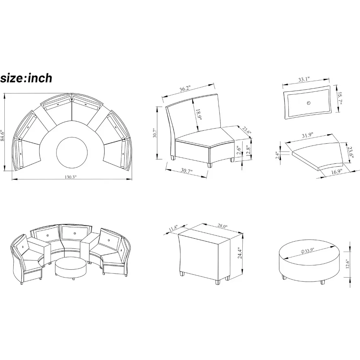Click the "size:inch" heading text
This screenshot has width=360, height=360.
click(x=26, y=78)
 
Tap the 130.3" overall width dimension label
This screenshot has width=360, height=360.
click(x=70, y=177)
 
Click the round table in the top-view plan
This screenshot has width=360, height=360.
click(x=72, y=153)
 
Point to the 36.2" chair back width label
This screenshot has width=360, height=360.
click(x=185, y=89)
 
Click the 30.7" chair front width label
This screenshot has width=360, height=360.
click(x=186, y=170)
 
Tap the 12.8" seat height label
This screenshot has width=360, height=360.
click(x=248, y=151)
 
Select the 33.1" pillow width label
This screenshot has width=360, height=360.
click(x=304, y=80)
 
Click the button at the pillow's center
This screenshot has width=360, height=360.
click(x=309, y=103)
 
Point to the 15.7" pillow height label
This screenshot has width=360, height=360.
click(x=340, y=98)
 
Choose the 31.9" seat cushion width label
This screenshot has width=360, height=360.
click(x=307, y=135)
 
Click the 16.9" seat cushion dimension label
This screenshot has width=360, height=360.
click(x=337, y=171)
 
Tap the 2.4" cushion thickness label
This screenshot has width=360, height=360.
click(x=278, y=154)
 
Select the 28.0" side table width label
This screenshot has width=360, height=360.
click(x=222, y=226)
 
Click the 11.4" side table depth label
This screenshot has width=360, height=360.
click(x=173, y=229)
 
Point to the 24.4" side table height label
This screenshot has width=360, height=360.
click(x=240, y=253)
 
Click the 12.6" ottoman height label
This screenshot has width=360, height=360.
click(x=347, y=264)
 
